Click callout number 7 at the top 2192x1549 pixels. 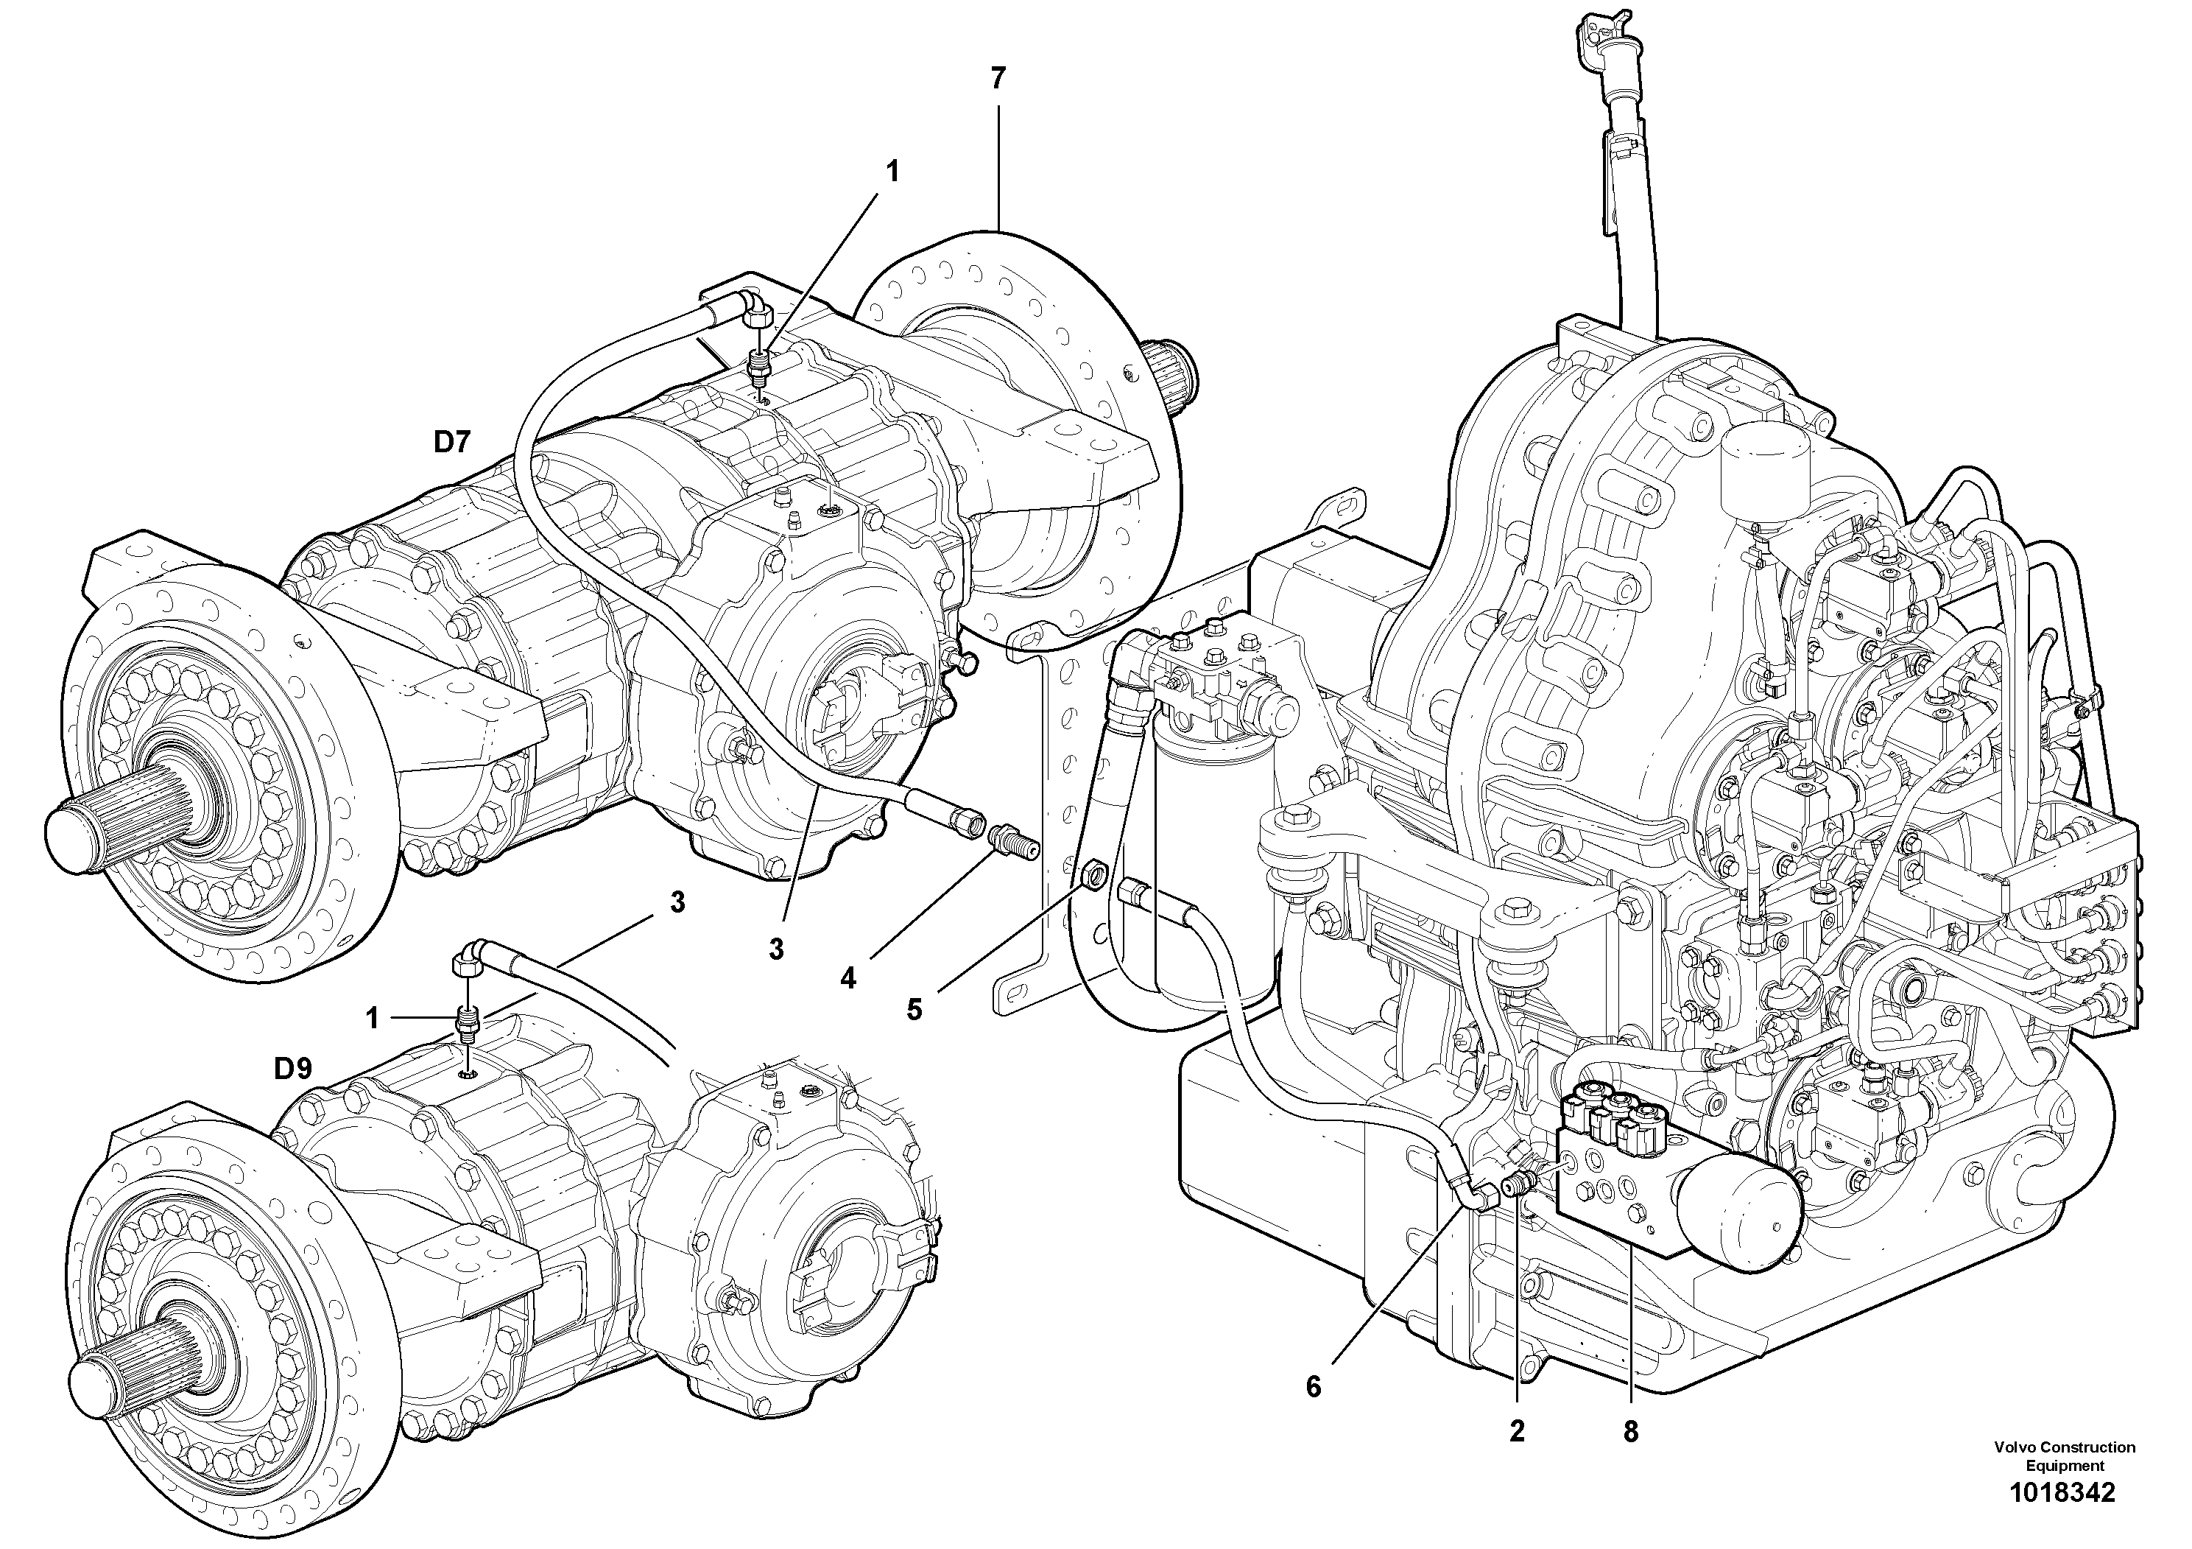point(998,78)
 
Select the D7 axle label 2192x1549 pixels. point(453,442)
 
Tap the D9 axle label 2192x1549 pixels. point(293,1069)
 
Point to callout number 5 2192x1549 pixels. point(914,1009)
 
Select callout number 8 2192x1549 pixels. point(1629,1432)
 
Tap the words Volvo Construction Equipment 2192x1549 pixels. point(2064,1456)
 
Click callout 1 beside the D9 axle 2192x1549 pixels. point(373,1019)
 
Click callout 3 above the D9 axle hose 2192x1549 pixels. point(677,902)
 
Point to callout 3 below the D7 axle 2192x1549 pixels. point(776,949)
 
